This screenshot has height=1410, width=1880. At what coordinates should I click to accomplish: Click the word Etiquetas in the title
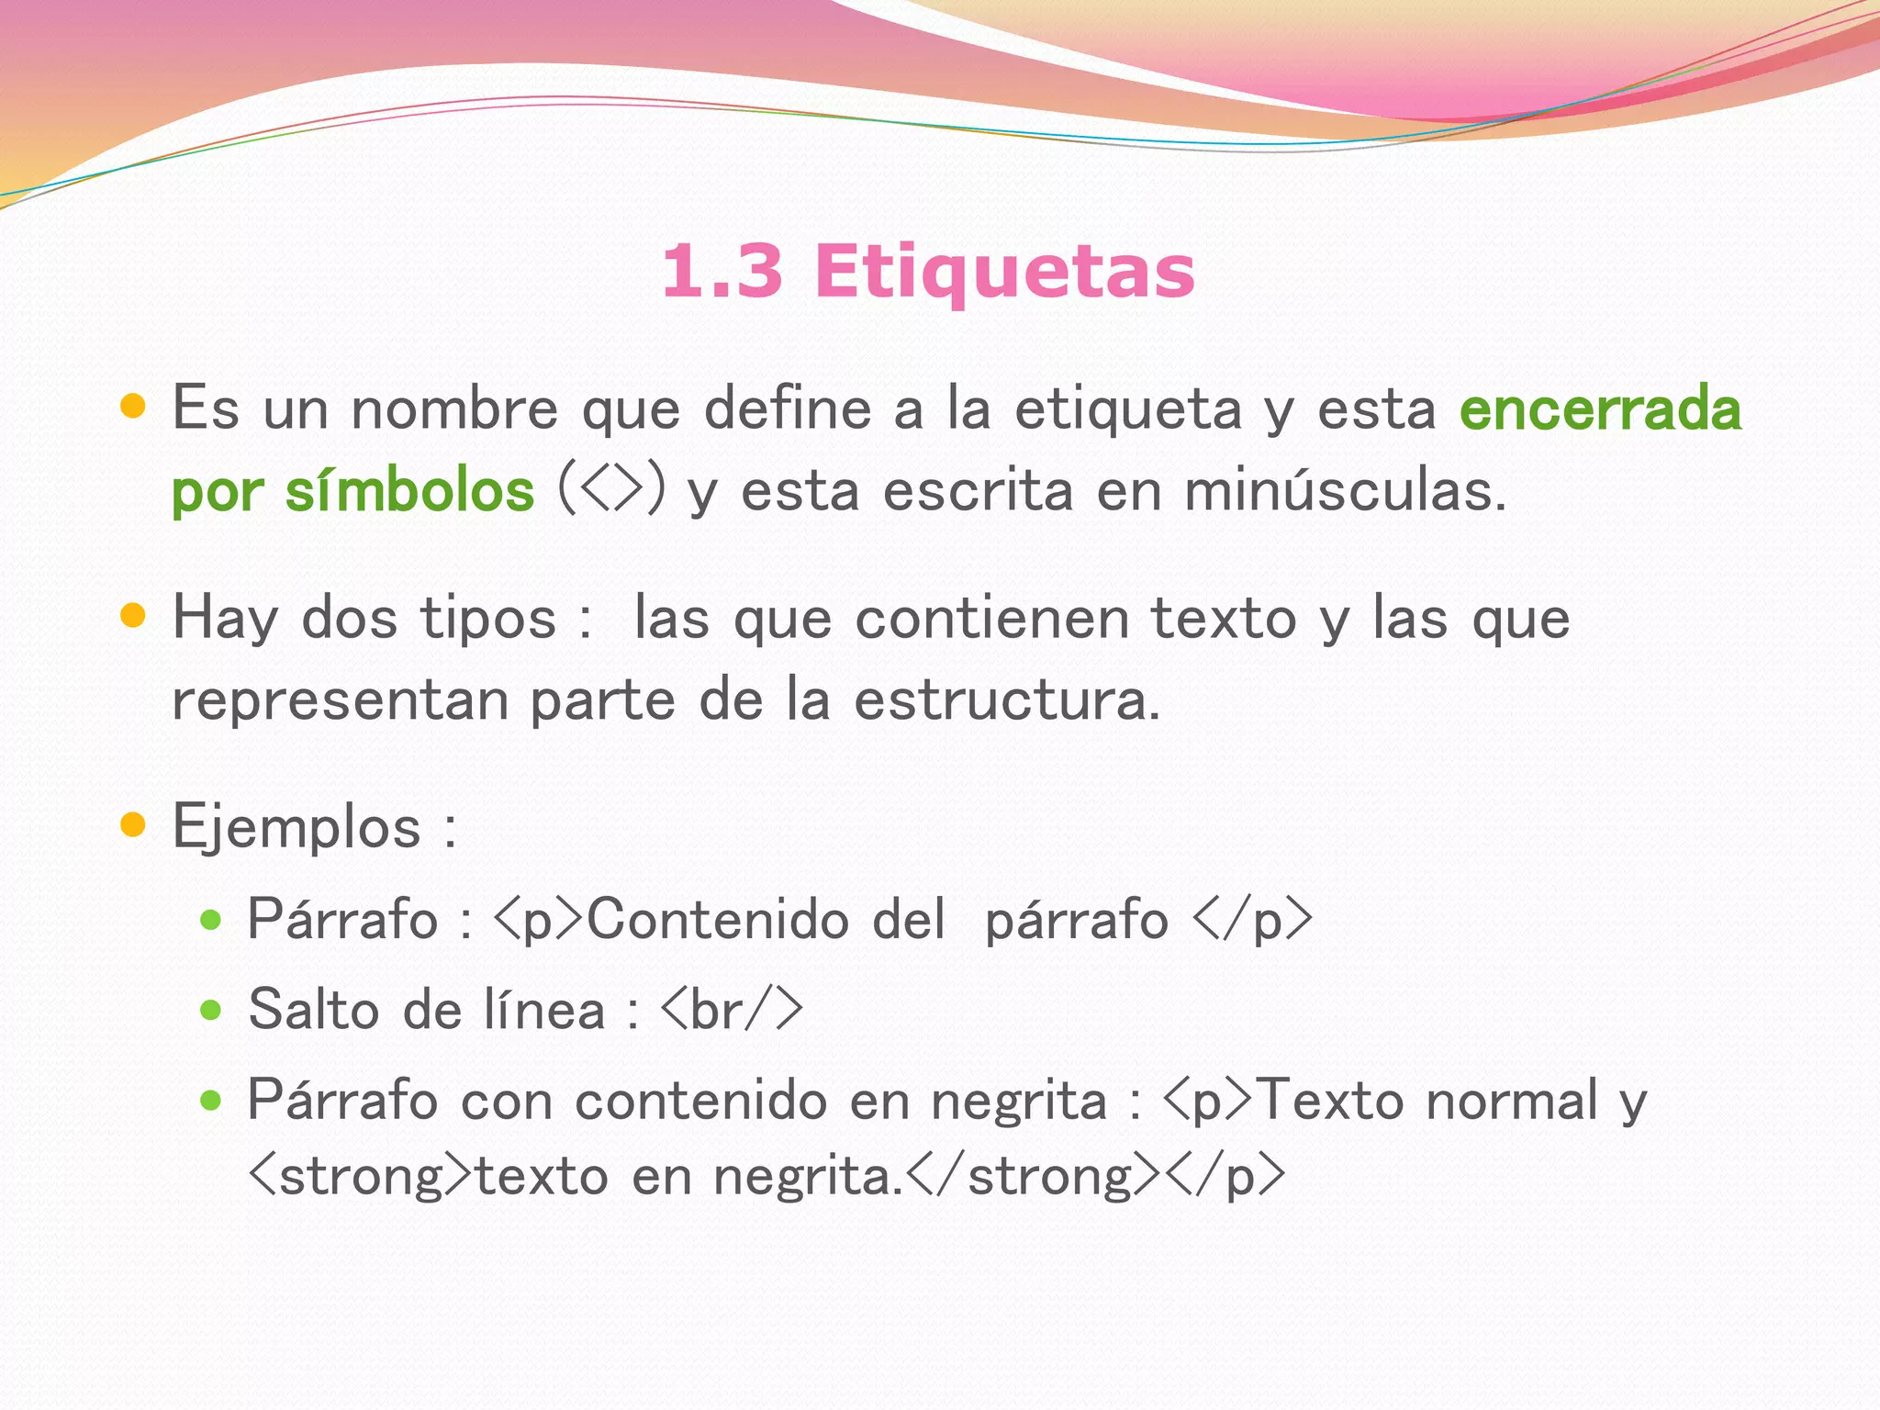point(1004,272)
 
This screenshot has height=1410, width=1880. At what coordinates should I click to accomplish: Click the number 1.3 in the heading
point(722,272)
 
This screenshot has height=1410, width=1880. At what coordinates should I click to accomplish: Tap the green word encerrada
point(1600,409)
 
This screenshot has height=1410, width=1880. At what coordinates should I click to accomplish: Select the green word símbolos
point(409,491)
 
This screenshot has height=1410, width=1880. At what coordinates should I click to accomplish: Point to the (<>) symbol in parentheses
point(611,489)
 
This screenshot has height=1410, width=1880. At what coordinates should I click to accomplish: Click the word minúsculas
point(1345,491)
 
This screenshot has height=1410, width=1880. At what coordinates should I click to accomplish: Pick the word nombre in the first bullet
point(454,409)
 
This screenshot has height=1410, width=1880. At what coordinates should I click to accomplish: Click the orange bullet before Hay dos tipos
point(134,615)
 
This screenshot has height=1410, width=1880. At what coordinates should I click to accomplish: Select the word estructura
point(1006,700)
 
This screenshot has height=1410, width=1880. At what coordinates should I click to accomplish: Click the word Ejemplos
point(297,827)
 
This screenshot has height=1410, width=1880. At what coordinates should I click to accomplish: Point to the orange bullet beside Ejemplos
point(134,824)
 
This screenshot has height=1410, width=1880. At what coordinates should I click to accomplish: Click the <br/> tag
point(732,1010)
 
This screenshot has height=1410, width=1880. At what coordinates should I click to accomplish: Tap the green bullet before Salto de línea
point(211,1011)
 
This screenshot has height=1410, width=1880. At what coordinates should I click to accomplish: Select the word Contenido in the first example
point(718,919)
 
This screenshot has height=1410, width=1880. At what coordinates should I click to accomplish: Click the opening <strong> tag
point(362,1176)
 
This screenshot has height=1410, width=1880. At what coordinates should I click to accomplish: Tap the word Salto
point(314,1010)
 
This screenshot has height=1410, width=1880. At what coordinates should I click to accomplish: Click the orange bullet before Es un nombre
point(134,407)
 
